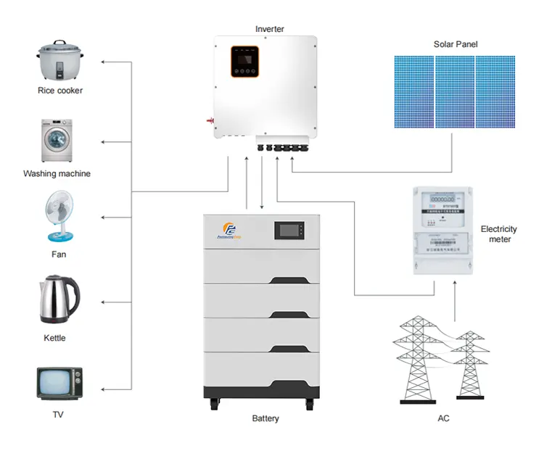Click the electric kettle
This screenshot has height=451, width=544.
click(58, 300)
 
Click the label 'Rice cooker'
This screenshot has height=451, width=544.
click(60, 91)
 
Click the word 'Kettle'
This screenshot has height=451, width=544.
click(54, 338)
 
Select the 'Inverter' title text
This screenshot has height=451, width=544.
click(269, 29)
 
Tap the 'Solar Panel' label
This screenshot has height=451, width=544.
click(456, 44)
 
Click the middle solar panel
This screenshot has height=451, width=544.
click(455, 92)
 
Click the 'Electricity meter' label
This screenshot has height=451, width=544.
click(498, 234)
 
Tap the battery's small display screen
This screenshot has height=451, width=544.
click(290, 231)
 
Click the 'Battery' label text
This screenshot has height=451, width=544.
click(265, 418)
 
